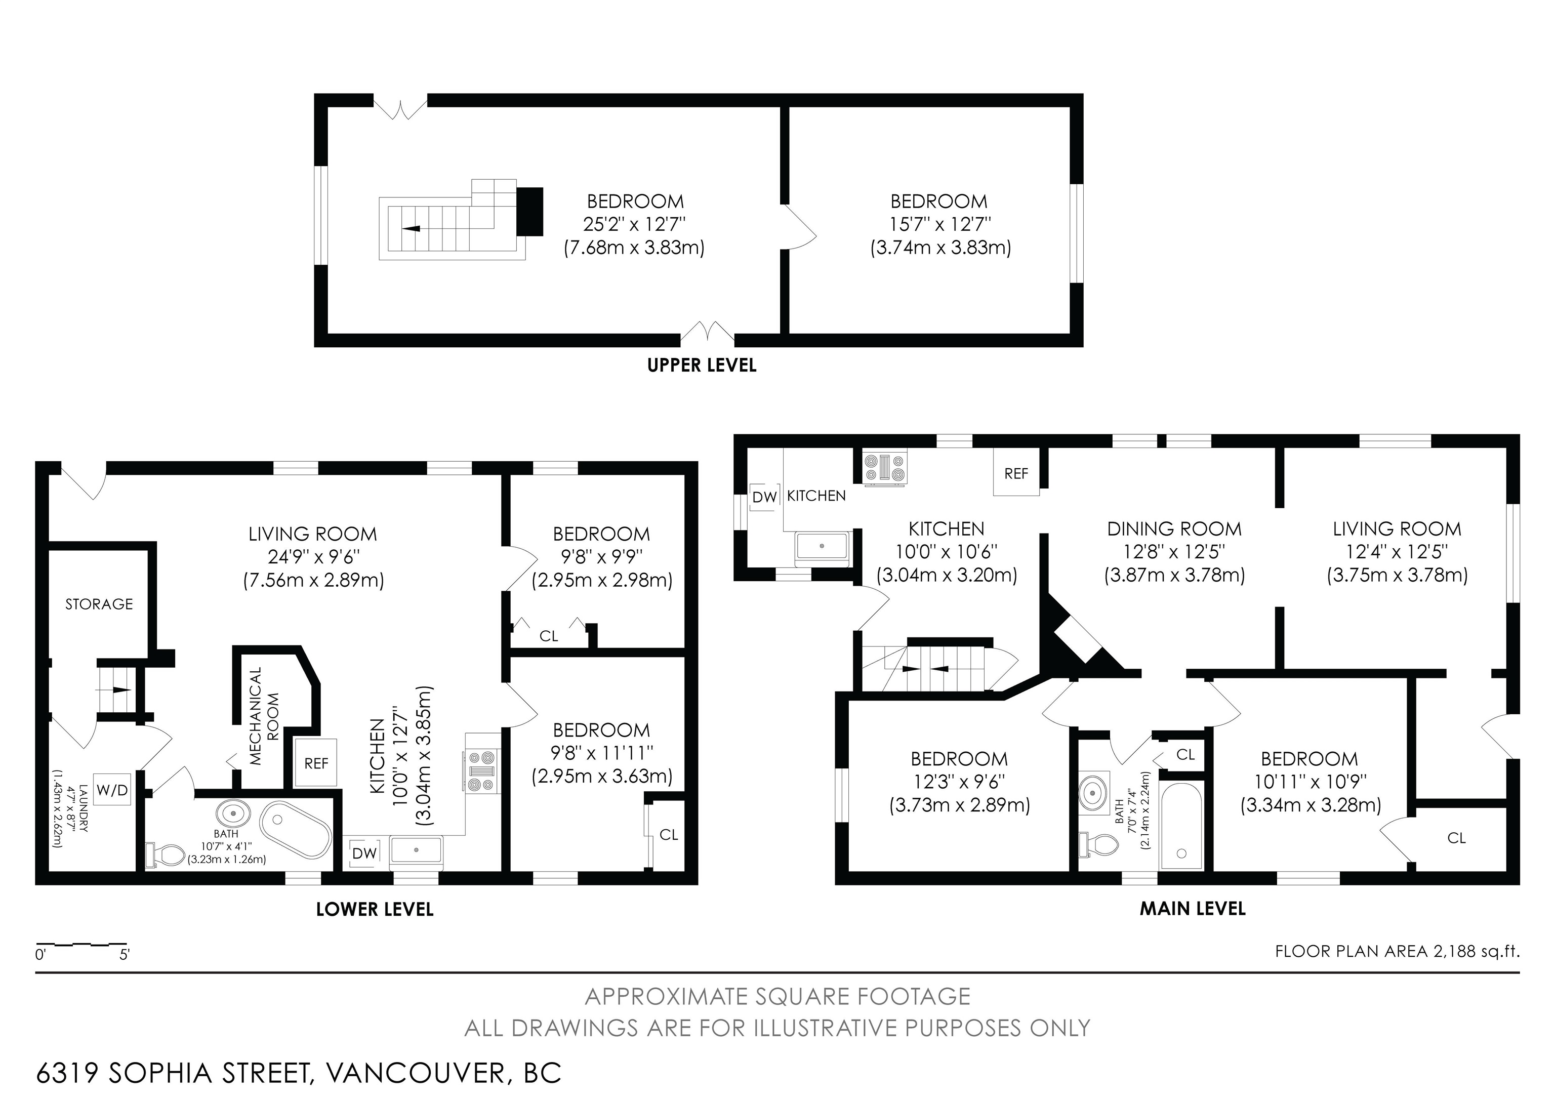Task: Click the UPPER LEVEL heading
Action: [x=702, y=365]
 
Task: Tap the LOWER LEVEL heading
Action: [x=375, y=909]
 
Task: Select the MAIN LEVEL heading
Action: [x=1193, y=908]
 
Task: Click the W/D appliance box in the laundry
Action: [x=112, y=790]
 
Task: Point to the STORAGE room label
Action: [x=99, y=604]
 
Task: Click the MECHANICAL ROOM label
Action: [x=264, y=716]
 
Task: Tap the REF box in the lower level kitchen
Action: [x=315, y=763]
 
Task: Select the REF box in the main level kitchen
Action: [x=1016, y=473]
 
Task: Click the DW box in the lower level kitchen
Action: [x=364, y=853]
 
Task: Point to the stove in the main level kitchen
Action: [x=884, y=467]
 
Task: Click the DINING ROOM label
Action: [x=1174, y=529]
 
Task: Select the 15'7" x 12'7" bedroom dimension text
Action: [x=940, y=224]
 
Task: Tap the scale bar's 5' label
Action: [x=125, y=955]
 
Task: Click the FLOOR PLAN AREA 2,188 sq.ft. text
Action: [x=1397, y=951]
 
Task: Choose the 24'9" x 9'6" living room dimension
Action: [x=313, y=557]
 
